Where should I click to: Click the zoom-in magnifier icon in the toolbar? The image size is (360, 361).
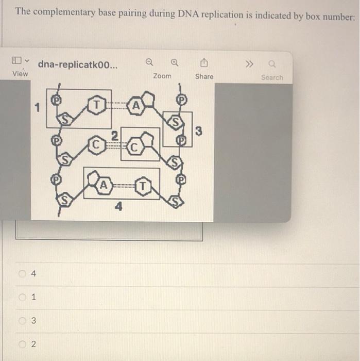coord(175,63)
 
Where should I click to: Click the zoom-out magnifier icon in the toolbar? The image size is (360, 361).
coord(149,63)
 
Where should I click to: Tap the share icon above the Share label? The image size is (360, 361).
coord(204,63)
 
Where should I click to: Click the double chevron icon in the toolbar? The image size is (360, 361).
coord(249,64)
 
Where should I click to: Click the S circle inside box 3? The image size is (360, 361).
coord(177,123)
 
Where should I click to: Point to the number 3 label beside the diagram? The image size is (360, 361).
coord(199,133)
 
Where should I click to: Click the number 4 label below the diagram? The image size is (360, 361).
coord(119,207)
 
